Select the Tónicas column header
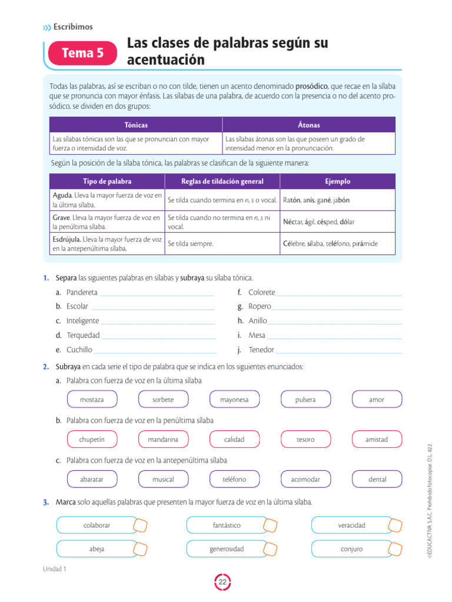pos(136,125)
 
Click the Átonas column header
pos(309,125)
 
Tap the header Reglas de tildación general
pos(222,182)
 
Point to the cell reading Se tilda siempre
pos(191,243)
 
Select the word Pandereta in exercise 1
pos(82,292)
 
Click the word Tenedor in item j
pos(261,350)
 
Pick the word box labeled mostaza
pos(92,400)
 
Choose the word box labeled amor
pos(377,400)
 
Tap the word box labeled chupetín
pos(92,439)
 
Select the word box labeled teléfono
pos(234,479)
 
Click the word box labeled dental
pos(377,479)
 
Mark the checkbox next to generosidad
pos(270,549)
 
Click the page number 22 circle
pos(223,582)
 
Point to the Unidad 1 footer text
pos(55,569)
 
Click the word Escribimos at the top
pos(73,26)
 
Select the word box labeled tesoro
pos(305,439)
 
